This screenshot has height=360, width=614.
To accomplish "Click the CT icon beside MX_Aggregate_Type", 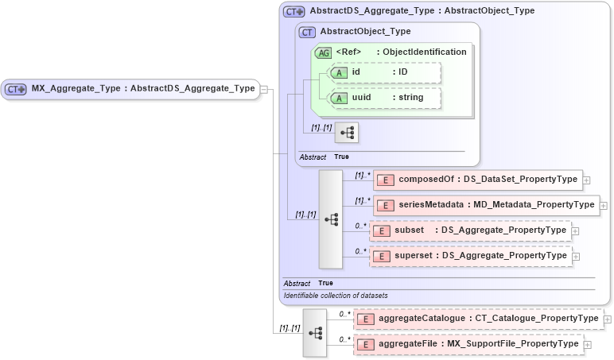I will coord(16,89).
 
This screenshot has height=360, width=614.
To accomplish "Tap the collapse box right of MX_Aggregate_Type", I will coord(263,89).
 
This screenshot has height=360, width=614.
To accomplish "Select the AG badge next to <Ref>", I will coord(323,52).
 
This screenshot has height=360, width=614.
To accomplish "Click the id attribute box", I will coord(384,72).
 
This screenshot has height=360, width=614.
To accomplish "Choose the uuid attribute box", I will coord(384,98).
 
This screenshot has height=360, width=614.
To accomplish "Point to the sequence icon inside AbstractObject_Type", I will coord(347,132).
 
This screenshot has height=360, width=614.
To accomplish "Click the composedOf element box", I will coord(477,180).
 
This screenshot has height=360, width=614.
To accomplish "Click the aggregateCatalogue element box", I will coord(478,319).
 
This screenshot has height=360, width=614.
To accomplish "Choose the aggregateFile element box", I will coord(468,344).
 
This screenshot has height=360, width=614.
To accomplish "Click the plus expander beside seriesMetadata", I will coord(603,206).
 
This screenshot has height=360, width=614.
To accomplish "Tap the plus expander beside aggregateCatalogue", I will coord(608,319).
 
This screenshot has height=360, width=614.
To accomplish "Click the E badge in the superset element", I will coord(383,256).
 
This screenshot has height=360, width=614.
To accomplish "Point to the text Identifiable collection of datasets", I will coord(336,296).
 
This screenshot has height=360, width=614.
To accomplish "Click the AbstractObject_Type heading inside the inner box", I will coord(365,32).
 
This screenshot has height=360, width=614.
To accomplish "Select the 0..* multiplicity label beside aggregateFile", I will coord(344,339).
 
